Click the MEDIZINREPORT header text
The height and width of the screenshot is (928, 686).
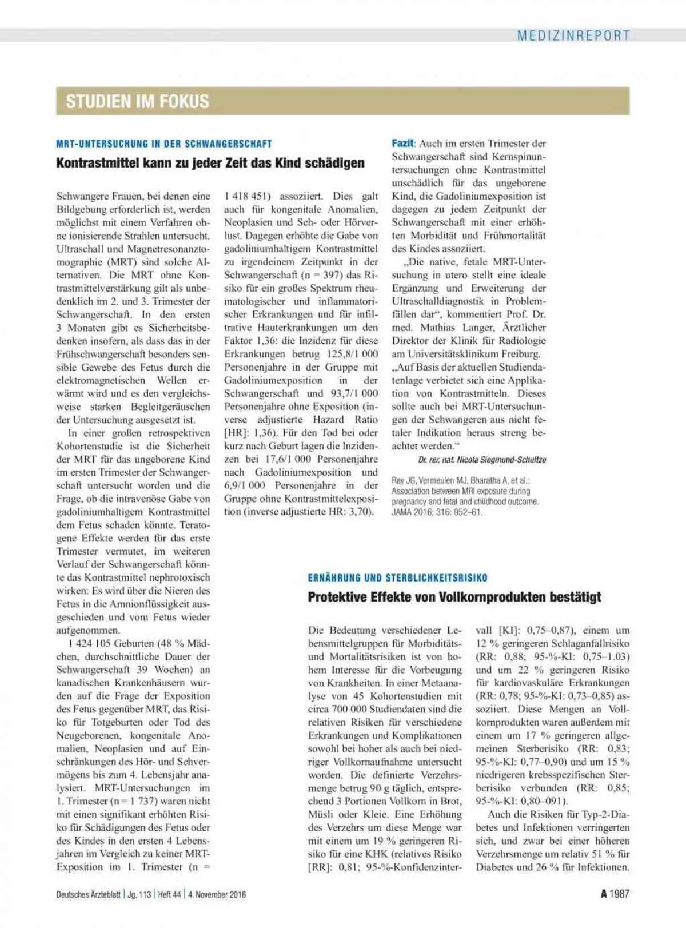tap(573, 35)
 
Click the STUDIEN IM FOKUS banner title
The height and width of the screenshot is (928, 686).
tap(137, 101)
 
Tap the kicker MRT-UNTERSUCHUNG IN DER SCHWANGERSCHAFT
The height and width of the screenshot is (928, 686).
tap(164, 144)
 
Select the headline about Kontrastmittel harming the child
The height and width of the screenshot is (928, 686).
tap(210, 163)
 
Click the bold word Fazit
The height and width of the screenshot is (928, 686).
tap(403, 143)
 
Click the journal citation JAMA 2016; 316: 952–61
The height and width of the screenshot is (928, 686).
tap(437, 512)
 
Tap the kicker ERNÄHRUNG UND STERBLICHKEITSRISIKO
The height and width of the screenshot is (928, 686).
tap(397, 577)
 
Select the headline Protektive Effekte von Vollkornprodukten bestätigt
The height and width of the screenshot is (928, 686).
tap(454, 597)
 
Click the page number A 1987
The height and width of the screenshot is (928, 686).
tap(615, 894)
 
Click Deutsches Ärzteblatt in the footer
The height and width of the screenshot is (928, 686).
tap(88, 894)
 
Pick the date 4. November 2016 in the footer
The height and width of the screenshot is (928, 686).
tap(218, 894)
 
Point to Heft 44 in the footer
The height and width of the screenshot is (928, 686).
tap(169, 894)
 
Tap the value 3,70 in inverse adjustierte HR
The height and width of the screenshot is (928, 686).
tap(360, 512)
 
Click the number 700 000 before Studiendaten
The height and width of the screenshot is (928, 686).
tap(349, 710)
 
